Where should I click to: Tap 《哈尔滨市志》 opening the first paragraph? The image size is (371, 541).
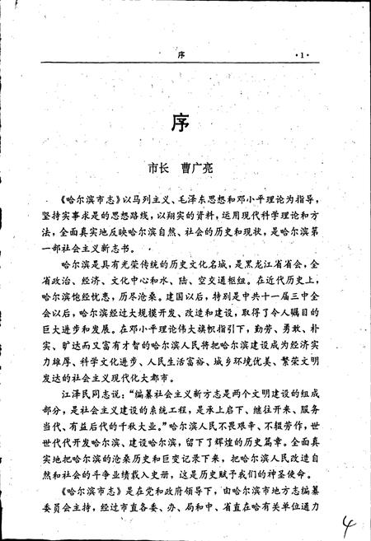[x=82, y=200]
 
